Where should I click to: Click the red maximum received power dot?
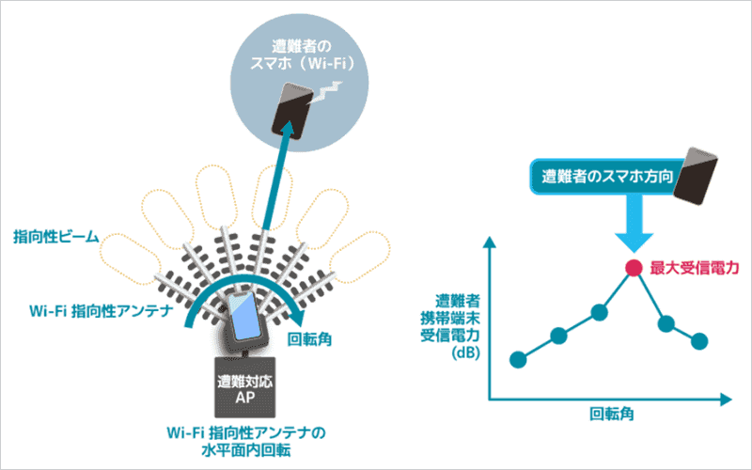pyautogui.click(x=634, y=268)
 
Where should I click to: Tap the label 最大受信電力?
pyautogui.click(x=695, y=268)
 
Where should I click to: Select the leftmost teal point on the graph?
pyautogui.click(x=518, y=359)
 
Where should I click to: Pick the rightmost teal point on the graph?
pyautogui.click(x=699, y=341)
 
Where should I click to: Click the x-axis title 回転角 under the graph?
pyautogui.click(x=612, y=414)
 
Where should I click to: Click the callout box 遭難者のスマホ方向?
pyautogui.click(x=607, y=177)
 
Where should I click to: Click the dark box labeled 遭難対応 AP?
pyautogui.click(x=245, y=387)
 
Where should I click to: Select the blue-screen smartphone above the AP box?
pyautogui.click(x=244, y=317)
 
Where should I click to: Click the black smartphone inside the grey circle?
pyautogui.click(x=292, y=111)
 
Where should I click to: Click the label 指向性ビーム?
pyautogui.click(x=56, y=237)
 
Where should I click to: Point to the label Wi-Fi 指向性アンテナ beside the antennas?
pyautogui.click(x=102, y=311)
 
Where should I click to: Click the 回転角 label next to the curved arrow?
pyautogui.click(x=310, y=339)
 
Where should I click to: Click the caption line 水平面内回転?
pyautogui.click(x=245, y=451)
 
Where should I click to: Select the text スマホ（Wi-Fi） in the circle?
pyautogui.click(x=303, y=64)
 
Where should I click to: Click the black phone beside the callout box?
pyautogui.click(x=695, y=176)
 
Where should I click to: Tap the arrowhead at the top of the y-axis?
pyautogui.click(x=489, y=243)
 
